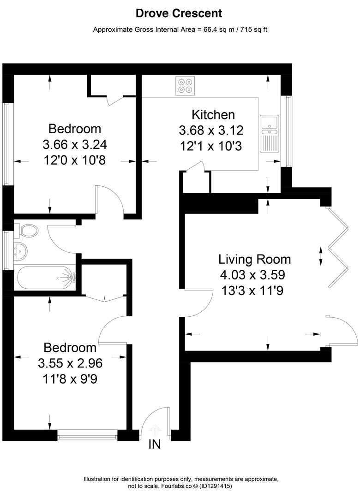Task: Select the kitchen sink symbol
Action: click(269, 133)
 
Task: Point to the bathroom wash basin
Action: click(20, 251)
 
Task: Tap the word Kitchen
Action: click(213, 114)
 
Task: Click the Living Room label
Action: click(254, 259)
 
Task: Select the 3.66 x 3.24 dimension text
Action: click(75, 145)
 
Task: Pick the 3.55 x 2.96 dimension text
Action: click(70, 363)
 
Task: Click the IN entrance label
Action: click(155, 445)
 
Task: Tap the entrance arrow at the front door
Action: click(155, 429)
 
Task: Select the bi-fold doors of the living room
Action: click(337, 249)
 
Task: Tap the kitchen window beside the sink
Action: click(288, 131)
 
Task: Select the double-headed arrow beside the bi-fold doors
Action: click(320, 256)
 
